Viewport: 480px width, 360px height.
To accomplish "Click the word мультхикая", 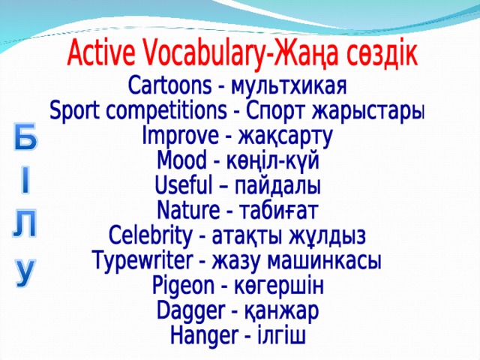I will click(288, 81).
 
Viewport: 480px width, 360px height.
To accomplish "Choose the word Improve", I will click(178, 138).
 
